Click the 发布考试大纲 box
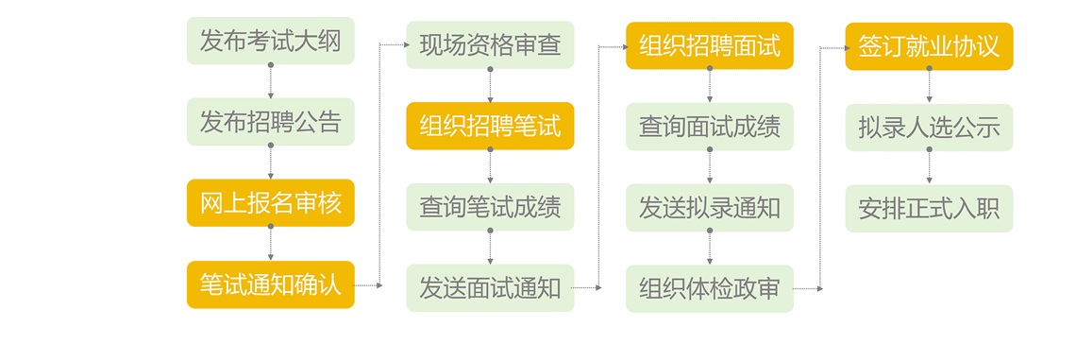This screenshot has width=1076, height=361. [270, 41]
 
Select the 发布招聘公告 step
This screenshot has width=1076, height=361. [270, 122]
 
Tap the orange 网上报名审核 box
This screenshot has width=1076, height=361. [270, 203]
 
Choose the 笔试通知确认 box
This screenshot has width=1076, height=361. [270, 284]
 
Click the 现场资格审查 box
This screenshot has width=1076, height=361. [490, 45]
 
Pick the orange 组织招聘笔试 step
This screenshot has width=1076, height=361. [490, 127]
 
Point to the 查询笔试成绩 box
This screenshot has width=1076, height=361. [490, 207]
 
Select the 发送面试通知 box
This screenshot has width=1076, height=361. [490, 288]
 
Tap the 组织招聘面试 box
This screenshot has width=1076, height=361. [710, 44]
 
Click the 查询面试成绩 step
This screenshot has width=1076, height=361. [710, 127]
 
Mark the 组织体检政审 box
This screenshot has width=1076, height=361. [710, 288]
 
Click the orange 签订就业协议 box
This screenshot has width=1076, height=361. [929, 45]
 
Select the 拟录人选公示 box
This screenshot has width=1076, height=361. [929, 127]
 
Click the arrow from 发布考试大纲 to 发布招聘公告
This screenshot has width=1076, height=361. [270, 81]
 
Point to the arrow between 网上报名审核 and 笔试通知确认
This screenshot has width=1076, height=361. [270, 244]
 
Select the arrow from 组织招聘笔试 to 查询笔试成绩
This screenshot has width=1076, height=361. [490, 166]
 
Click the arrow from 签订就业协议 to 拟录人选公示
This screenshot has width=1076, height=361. [929, 86]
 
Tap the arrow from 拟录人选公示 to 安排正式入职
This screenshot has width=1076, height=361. [929, 167]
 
